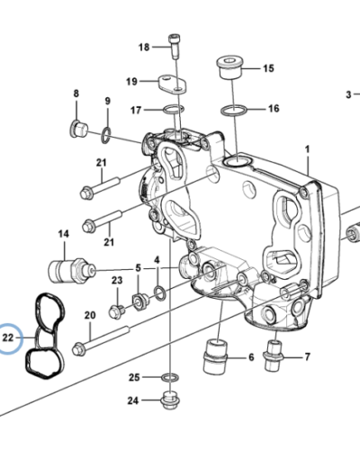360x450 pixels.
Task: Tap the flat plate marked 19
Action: (x=171, y=83)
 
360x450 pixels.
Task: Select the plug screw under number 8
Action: (x=78, y=130)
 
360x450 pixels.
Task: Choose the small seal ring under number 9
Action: (x=106, y=136)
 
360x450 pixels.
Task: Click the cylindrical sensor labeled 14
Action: (x=67, y=268)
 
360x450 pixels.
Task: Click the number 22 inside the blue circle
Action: (x=10, y=339)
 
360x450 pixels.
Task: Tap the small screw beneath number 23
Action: (x=117, y=311)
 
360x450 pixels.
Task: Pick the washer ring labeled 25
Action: (x=168, y=376)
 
